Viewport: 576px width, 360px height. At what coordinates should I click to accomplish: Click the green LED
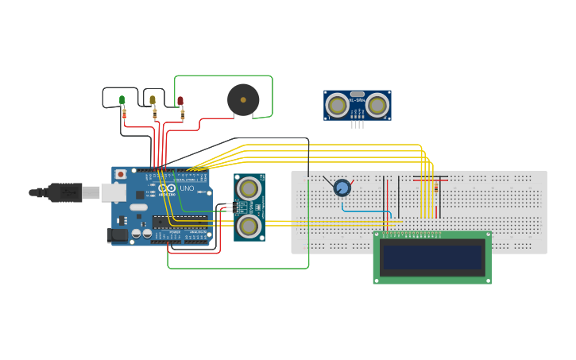coord(122,100)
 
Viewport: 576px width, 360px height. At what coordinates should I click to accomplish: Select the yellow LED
coord(153,100)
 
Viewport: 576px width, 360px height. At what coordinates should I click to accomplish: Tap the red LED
coord(180,101)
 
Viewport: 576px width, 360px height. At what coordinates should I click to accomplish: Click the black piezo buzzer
coord(243,100)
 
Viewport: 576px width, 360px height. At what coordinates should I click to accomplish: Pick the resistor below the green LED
coord(124,114)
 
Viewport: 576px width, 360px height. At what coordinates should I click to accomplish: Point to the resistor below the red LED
coord(183,114)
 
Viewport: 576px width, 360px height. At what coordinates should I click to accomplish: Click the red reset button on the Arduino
coord(121,174)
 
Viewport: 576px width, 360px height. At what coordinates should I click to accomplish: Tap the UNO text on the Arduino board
coord(186,188)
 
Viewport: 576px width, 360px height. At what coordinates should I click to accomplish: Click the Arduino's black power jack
coord(117,234)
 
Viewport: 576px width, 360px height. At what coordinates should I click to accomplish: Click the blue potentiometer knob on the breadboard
coord(342,188)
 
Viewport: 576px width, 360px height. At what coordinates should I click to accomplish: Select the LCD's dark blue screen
coord(432,257)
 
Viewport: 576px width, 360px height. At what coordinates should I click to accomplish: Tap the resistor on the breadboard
coord(436,188)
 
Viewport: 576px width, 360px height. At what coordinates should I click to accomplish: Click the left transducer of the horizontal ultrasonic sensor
coord(338,105)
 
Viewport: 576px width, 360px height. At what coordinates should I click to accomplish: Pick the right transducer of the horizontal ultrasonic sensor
coord(377,105)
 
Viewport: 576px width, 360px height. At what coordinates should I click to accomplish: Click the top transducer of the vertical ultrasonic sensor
coord(249,189)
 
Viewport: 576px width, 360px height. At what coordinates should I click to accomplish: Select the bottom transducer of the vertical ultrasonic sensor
coord(249,226)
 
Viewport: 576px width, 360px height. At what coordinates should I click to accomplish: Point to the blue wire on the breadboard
coord(365,211)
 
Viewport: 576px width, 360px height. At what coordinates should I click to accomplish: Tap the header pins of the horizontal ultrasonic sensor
coord(358,124)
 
